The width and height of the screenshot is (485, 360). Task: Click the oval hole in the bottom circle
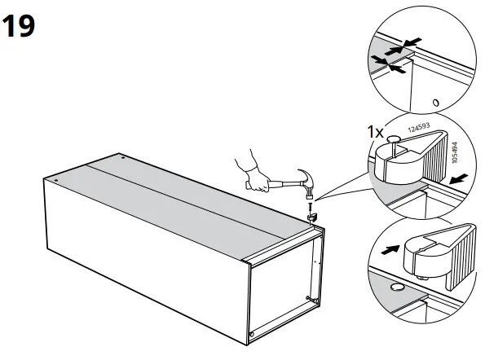[398, 288]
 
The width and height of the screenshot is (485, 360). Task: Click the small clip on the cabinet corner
[311, 221]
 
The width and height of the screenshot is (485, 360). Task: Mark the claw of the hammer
[304, 173]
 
